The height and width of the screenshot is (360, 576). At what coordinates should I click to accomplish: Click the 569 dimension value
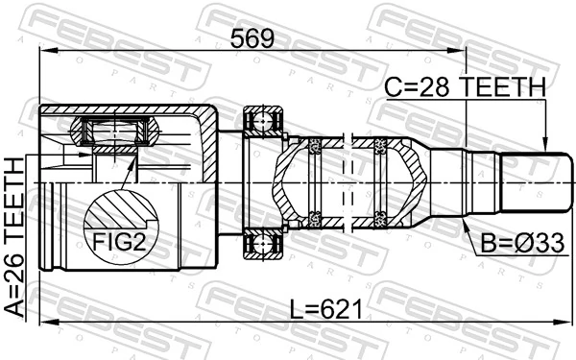[252, 39]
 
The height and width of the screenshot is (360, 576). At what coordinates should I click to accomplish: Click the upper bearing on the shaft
[264, 122]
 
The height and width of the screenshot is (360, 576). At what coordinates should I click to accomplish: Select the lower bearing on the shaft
[264, 243]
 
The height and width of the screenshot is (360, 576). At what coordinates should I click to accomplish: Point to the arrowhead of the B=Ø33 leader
[464, 224]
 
